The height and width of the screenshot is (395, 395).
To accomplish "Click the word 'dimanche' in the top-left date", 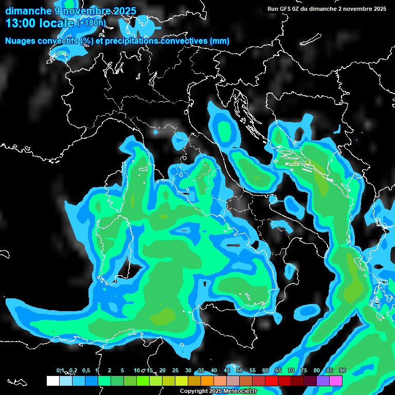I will [x=28, y=11].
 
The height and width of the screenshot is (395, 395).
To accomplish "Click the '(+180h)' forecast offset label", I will [x=92, y=23].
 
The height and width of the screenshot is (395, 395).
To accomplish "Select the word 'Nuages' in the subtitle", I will [x=20, y=41].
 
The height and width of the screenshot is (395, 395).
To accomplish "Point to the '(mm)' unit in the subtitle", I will [x=219, y=41].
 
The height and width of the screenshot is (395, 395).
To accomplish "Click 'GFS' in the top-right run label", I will [x=285, y=9].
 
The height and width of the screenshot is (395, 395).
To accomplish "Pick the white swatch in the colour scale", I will [x=52, y=381].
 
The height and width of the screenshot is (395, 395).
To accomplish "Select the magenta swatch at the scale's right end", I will [x=336, y=381].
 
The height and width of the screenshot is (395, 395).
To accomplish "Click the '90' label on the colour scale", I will [x=342, y=371].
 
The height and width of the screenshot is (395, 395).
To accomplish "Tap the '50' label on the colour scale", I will [x=239, y=371].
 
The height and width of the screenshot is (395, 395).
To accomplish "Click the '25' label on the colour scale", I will [x=175, y=371].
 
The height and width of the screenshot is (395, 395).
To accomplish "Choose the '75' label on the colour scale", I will [x=303, y=371].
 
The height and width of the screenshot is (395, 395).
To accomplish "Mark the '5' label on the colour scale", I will [x=122, y=371].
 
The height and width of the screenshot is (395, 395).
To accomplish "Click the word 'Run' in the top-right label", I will [x=272, y=9].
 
